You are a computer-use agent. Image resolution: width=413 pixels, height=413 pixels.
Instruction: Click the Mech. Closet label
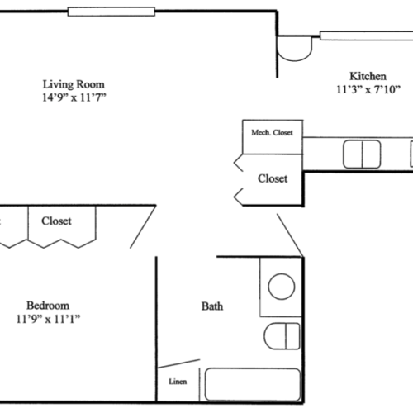click(x=272, y=132)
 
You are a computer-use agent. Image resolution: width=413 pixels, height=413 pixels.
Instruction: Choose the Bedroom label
click(x=47, y=304)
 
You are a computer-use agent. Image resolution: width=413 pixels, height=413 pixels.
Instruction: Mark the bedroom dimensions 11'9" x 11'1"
click(x=47, y=318)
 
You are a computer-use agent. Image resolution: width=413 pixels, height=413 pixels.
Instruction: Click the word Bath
click(x=211, y=306)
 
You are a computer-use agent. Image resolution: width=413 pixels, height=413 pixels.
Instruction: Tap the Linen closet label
click(x=178, y=382)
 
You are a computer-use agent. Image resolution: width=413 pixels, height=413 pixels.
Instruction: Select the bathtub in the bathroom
click(x=252, y=385)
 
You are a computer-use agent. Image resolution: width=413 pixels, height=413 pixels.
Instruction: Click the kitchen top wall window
click(x=363, y=35)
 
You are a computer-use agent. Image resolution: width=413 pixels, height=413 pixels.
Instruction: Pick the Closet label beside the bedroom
click(x=55, y=221)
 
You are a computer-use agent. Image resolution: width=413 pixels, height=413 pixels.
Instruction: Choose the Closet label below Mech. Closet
click(x=273, y=178)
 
